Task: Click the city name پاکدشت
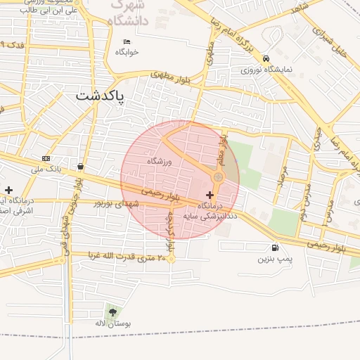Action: [x=100, y=96]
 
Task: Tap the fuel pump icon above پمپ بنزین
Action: [x=274, y=247]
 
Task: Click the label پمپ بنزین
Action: [x=274, y=259]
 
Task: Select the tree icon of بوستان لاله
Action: [x=112, y=311]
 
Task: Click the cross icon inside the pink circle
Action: [x=210, y=194]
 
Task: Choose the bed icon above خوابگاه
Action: [x=127, y=41]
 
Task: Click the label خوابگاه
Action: [x=127, y=52]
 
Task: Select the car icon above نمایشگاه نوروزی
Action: [x=265, y=58]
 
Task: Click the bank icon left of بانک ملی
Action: [x=46, y=158]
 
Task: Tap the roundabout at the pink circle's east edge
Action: [x=219, y=178]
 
